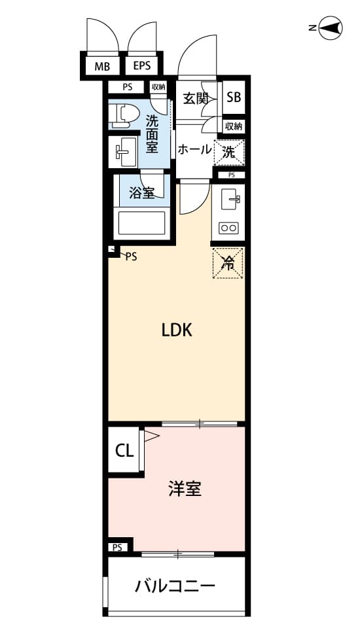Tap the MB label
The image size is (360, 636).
102,67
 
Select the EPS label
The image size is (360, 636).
141,65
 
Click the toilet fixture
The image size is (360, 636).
122,113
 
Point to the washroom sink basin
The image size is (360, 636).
124,151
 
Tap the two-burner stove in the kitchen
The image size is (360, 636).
228,228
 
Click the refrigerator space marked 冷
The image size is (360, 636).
228,263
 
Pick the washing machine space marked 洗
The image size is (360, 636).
229,152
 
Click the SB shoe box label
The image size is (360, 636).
234,97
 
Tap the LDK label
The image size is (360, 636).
177,330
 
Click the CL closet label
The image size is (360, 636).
124,451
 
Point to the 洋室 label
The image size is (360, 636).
185,489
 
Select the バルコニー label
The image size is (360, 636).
175,586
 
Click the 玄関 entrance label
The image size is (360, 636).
196,98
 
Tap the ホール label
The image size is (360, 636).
194,150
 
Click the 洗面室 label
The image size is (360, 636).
152,134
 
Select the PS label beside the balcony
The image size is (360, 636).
117,548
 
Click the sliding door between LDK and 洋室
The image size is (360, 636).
199,424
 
